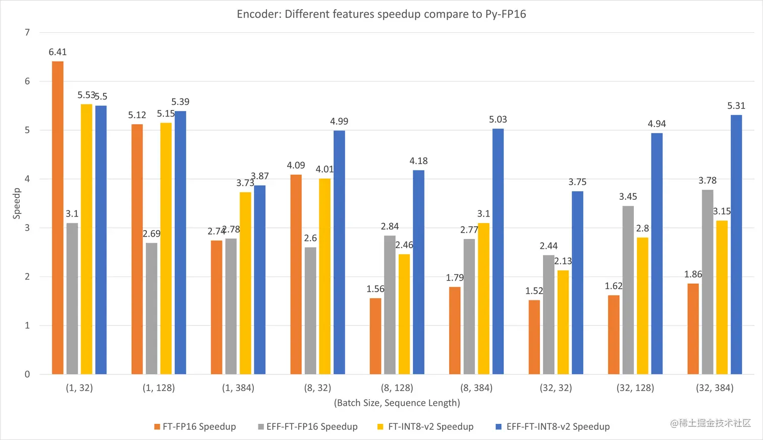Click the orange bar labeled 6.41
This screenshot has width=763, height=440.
point(58,217)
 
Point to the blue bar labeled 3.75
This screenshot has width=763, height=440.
point(577,283)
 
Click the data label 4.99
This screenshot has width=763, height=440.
point(339,122)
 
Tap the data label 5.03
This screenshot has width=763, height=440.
point(498,120)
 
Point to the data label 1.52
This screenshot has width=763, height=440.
point(534,291)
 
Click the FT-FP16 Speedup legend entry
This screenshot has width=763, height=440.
point(195,427)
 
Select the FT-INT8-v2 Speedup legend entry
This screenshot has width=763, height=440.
point(425,427)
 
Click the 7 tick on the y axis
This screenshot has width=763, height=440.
point(27,33)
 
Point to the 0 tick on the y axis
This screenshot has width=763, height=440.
point(27,374)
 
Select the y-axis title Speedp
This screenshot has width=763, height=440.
point(17,203)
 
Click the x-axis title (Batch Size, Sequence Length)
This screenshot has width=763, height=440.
point(397,403)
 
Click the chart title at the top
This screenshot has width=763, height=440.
point(381,14)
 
